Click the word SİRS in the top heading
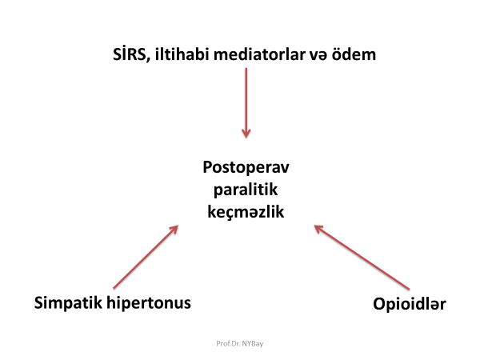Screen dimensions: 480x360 [130, 54]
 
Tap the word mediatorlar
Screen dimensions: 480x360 [259, 54]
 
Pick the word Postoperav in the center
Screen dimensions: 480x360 [246, 167]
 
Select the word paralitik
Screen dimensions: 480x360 [246, 189]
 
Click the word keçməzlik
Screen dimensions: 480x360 [246, 212]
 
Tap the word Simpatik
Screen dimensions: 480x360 [68, 302]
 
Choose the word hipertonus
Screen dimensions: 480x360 [149, 302]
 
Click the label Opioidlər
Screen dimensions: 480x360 [410, 304]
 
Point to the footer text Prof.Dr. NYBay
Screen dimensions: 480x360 [240, 343]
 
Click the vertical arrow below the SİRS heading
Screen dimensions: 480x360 [246, 103]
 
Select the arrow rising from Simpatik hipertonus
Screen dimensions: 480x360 [146, 257]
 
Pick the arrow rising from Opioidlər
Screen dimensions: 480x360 [362, 257]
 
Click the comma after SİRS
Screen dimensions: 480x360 [149, 60]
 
